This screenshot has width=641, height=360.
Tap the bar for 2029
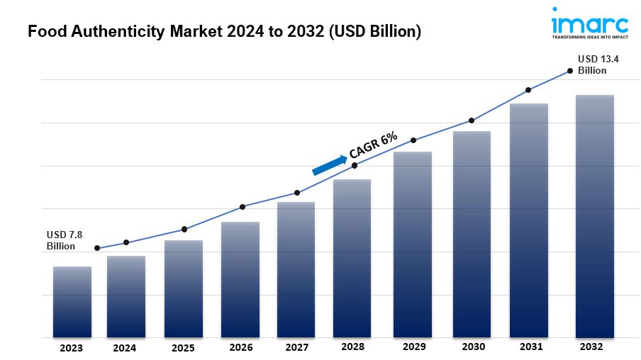click(413, 244)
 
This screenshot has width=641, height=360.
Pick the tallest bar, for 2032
click(594, 216)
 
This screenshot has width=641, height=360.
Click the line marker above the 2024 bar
click(126, 242)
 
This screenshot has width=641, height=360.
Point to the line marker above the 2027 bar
click(297, 193)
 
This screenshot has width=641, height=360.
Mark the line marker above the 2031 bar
click(528, 90)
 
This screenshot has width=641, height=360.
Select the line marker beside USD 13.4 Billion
click(569, 71)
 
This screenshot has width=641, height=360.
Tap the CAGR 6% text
click(373, 144)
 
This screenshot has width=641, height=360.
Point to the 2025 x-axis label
click(183, 347)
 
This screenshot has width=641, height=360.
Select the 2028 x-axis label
click(353, 347)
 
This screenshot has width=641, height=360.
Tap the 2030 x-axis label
click(473, 347)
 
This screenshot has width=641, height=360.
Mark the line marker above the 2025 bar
click(184, 229)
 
